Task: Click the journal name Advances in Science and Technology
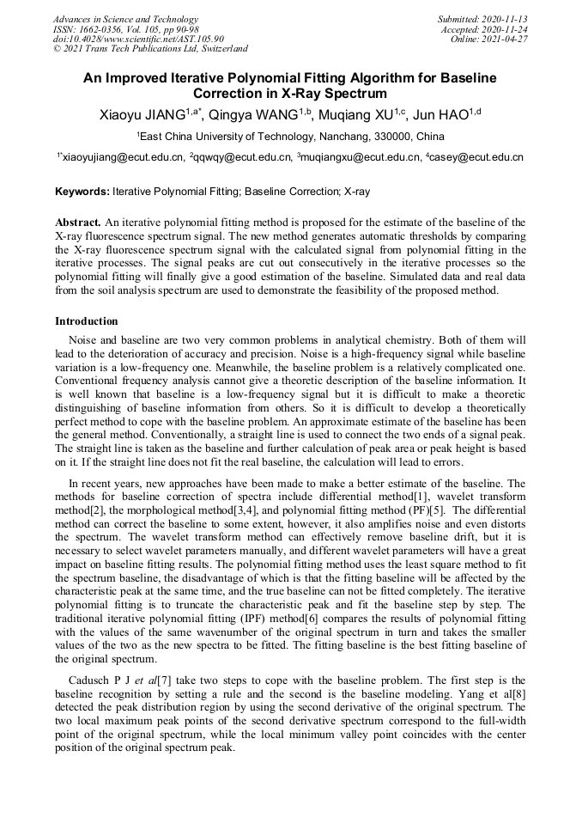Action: click(125, 19)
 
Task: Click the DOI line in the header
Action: click(138, 39)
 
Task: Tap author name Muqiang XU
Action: click(356, 114)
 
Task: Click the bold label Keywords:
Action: click(82, 192)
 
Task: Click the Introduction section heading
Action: click(87, 321)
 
